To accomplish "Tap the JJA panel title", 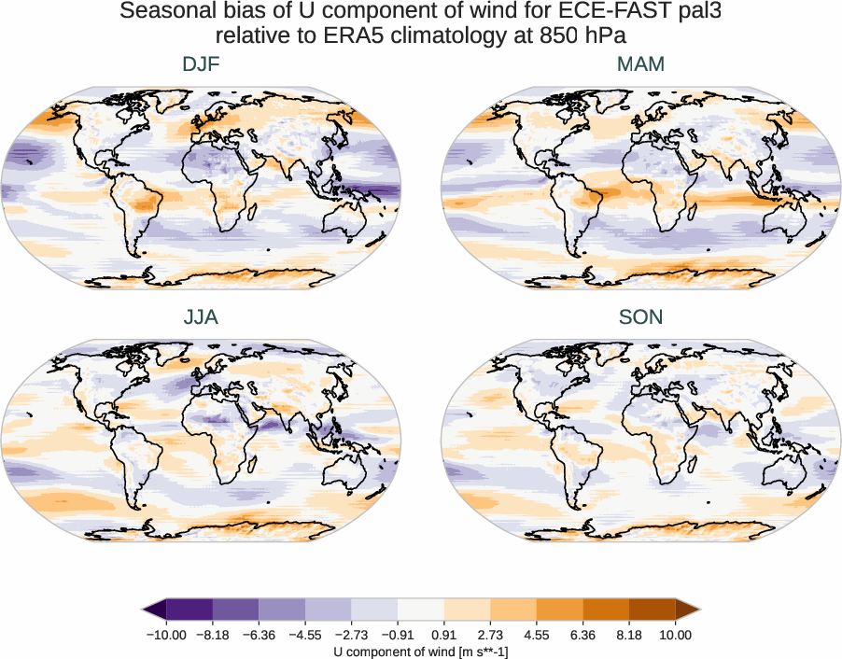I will [201, 317].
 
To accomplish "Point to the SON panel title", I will [640, 317].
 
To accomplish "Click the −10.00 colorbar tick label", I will [166, 635].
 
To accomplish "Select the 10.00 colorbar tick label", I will [676, 635].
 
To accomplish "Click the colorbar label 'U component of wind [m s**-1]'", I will [421, 652].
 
